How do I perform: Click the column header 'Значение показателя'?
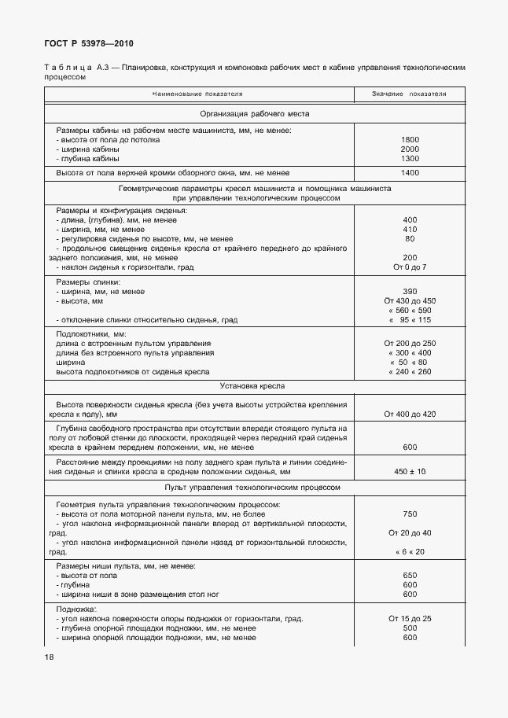[409, 94]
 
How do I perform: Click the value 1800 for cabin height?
[409, 139]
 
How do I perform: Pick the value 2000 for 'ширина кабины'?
[409, 149]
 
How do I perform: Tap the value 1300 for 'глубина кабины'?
[409, 158]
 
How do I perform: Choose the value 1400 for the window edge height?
[409, 172]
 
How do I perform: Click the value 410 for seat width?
[409, 229]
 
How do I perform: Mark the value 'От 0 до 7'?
[409, 267]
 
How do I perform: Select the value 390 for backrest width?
[409, 292]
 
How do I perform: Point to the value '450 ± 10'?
[409, 471]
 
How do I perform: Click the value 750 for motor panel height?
[409, 514]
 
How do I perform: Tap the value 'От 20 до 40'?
[409, 532]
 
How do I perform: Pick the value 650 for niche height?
[409, 575]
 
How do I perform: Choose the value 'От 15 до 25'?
[409, 618]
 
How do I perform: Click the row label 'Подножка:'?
[75, 609]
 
